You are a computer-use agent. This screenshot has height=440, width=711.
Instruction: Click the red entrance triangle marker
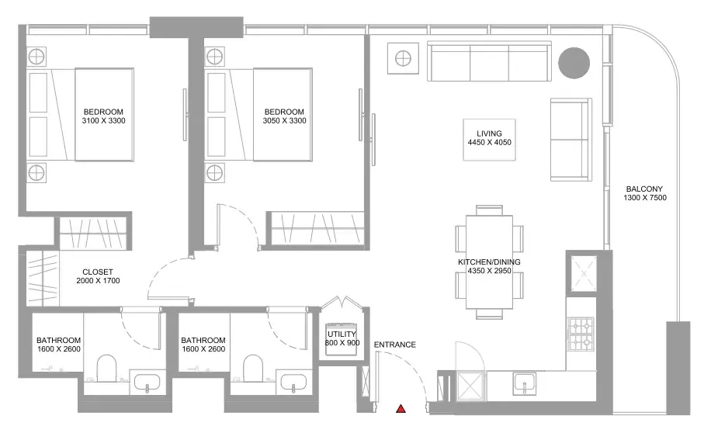(x=401, y=409)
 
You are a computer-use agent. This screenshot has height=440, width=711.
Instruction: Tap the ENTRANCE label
(x=394, y=345)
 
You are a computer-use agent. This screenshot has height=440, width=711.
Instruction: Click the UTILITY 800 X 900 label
(x=342, y=338)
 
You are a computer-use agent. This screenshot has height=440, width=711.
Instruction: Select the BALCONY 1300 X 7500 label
(x=644, y=193)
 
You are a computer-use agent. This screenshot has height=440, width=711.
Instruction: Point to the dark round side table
(x=574, y=63)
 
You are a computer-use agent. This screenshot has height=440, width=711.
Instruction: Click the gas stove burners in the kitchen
(x=581, y=334)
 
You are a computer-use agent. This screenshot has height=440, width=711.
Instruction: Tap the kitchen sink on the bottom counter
(x=525, y=384)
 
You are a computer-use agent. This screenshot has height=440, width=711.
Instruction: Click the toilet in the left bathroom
(x=107, y=368)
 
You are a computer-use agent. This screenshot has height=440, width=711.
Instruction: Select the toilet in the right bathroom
(x=253, y=368)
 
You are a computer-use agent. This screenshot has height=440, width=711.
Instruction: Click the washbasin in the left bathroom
(x=147, y=382)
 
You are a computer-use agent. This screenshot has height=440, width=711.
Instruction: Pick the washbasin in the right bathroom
(x=294, y=382)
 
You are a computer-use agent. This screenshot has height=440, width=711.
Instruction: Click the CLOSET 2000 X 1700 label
(x=98, y=276)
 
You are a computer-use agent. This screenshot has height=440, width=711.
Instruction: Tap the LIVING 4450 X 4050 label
(x=489, y=138)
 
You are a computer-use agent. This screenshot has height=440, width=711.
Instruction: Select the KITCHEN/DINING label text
(x=489, y=262)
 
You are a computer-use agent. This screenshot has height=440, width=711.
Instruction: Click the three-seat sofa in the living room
(x=489, y=61)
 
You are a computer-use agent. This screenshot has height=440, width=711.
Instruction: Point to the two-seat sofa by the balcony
(x=571, y=140)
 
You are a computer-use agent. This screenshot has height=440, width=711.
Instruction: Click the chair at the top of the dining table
(x=489, y=210)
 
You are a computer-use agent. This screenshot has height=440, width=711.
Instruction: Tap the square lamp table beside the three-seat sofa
(x=403, y=58)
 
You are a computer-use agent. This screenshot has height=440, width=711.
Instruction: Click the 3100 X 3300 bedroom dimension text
(x=103, y=120)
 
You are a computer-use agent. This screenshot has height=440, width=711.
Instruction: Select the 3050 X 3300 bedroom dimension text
(x=284, y=120)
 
